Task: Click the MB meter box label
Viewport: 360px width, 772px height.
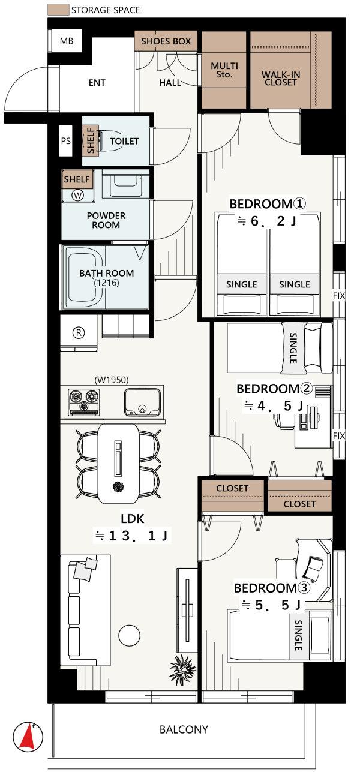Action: (x=67, y=41)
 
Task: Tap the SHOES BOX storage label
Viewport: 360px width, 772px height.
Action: (x=166, y=41)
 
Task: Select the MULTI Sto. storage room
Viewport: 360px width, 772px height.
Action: (x=224, y=70)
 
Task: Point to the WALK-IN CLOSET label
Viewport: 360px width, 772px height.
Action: (x=281, y=78)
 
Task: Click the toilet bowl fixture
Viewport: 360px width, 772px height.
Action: (x=110, y=140)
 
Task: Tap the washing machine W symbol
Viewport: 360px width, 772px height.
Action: (x=77, y=196)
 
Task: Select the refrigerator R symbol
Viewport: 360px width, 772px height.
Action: (x=79, y=332)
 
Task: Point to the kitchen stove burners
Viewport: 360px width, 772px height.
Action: (x=84, y=402)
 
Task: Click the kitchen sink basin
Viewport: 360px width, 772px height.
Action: (x=142, y=402)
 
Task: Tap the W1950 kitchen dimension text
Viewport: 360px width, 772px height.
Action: (x=112, y=380)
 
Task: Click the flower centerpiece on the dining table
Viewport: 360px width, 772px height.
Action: (x=118, y=487)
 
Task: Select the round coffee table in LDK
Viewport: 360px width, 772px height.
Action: (x=130, y=635)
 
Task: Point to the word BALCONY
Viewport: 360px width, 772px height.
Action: (x=184, y=729)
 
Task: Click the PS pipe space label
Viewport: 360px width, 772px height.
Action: (x=66, y=141)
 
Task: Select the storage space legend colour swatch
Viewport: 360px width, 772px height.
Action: (x=58, y=10)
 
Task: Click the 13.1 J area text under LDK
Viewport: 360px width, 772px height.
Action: (x=132, y=536)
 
